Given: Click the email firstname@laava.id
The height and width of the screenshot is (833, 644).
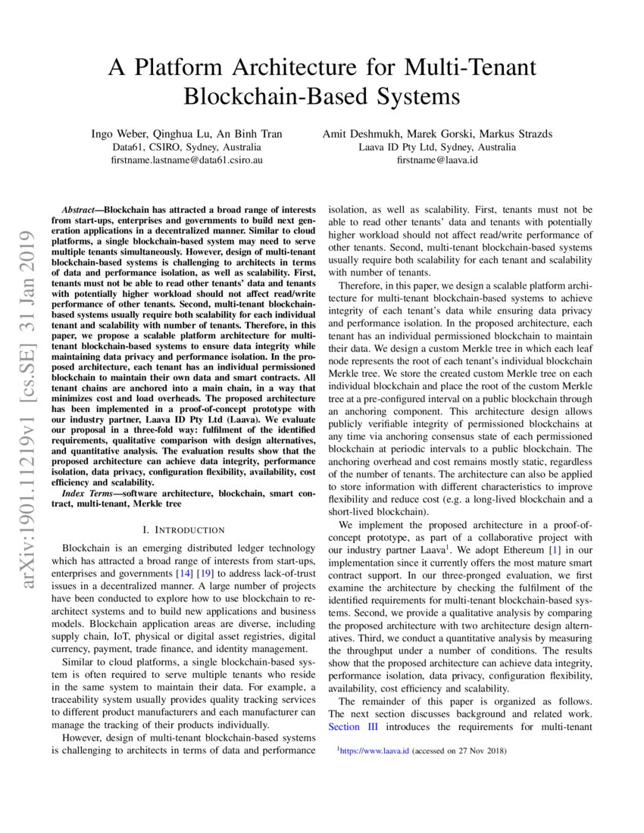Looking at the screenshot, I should (x=437, y=161).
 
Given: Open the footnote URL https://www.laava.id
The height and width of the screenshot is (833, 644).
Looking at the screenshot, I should (x=374, y=751).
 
